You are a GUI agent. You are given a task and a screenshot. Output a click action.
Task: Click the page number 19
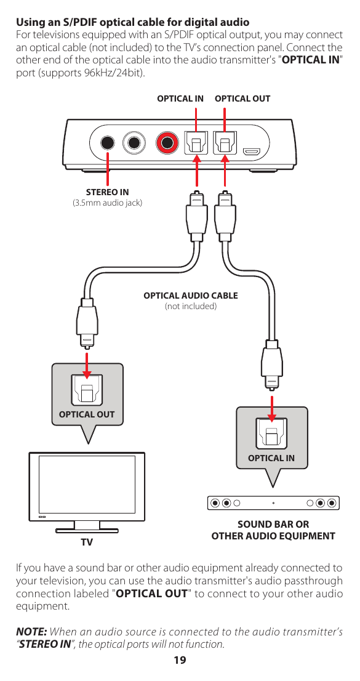coord(180,661)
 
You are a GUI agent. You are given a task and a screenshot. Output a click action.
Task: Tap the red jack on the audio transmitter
coord(166,143)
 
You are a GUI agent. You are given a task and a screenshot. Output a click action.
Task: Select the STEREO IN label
coord(108,192)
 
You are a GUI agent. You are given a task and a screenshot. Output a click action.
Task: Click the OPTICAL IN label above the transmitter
coord(180,99)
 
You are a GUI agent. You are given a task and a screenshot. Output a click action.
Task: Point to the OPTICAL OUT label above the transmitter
coord(242,99)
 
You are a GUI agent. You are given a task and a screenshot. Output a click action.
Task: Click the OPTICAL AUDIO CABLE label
coord(191,296)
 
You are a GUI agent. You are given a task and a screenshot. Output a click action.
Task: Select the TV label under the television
coord(87,542)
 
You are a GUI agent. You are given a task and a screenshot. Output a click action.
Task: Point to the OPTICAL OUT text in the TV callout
coord(87,414)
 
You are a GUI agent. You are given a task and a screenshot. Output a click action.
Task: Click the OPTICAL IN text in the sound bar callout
coord(271,458)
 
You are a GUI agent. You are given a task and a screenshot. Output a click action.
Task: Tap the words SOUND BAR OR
coord(273,525)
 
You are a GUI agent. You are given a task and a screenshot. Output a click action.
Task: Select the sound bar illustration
coord(273,502)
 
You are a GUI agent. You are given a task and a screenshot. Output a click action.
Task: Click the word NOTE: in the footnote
coord(31,632)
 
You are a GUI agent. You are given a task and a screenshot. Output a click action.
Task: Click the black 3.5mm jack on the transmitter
coord(108,143)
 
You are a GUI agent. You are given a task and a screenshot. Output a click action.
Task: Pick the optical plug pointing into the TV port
coord(87,323)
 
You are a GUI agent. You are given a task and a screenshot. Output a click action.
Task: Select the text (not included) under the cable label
coord(191,306)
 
